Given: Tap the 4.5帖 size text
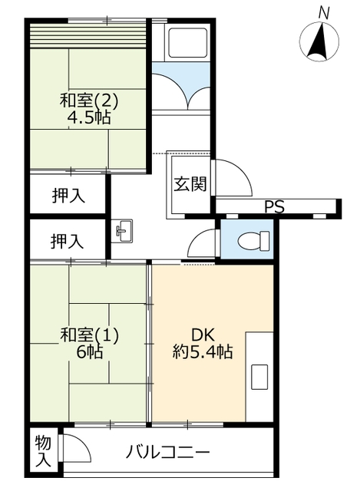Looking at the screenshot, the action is click(89, 117).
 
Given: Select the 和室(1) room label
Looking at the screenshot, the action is click(89, 335).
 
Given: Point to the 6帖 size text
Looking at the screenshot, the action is click(89, 352).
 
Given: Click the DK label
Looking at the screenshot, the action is click(203, 335).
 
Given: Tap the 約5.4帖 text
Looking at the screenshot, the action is click(203, 351).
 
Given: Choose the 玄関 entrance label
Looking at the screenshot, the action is click(190, 184).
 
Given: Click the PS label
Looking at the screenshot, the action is click(274, 206).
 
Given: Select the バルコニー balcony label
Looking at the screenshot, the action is click(167, 453).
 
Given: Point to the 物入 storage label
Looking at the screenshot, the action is click(43, 451).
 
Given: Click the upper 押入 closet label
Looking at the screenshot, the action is click(68, 196).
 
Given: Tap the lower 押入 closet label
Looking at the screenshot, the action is click(67, 242).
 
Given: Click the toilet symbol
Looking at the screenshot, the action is click(253, 240).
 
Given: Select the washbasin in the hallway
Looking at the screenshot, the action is click(122, 231).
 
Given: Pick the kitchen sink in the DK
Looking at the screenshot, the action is click(259, 377).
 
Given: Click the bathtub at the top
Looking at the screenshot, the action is click(187, 43).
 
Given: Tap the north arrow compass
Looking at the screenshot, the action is click(319, 41).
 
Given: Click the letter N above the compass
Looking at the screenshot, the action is click(324, 14).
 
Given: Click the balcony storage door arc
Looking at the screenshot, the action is click(82, 443).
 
